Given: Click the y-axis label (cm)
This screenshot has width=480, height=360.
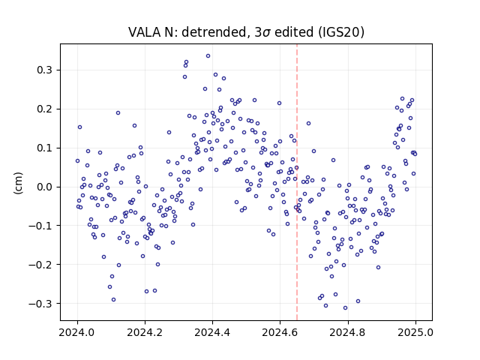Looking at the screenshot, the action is [18, 183].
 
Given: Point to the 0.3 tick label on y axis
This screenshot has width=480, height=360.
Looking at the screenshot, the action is [45, 70].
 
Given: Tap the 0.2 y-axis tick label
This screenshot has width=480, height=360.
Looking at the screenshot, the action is [45, 109].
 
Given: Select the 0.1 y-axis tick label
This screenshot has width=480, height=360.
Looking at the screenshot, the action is [45, 148].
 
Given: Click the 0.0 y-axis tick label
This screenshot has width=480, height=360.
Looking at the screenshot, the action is [45, 187].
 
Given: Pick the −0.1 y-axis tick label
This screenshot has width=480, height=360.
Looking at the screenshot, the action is [40, 226].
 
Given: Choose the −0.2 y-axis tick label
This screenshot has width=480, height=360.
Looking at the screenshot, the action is [40, 265].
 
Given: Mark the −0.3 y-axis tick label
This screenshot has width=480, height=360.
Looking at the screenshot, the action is [40, 303].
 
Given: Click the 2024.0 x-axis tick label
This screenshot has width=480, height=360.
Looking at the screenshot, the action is [77, 332].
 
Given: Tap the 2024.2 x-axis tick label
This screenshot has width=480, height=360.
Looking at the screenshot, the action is [145, 332].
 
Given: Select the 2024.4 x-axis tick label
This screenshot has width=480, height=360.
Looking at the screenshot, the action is [212, 332].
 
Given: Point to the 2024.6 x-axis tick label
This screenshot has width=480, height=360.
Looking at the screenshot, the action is [280, 332].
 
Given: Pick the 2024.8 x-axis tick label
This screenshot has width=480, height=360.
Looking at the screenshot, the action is [348, 332].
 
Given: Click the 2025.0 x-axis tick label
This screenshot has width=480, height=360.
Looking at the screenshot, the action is [415, 332].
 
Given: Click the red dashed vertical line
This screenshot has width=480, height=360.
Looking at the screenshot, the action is [297, 182].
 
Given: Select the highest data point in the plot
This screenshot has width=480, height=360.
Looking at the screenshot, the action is [208, 56].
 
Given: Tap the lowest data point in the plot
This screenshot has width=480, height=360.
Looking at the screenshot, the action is [345, 307].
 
